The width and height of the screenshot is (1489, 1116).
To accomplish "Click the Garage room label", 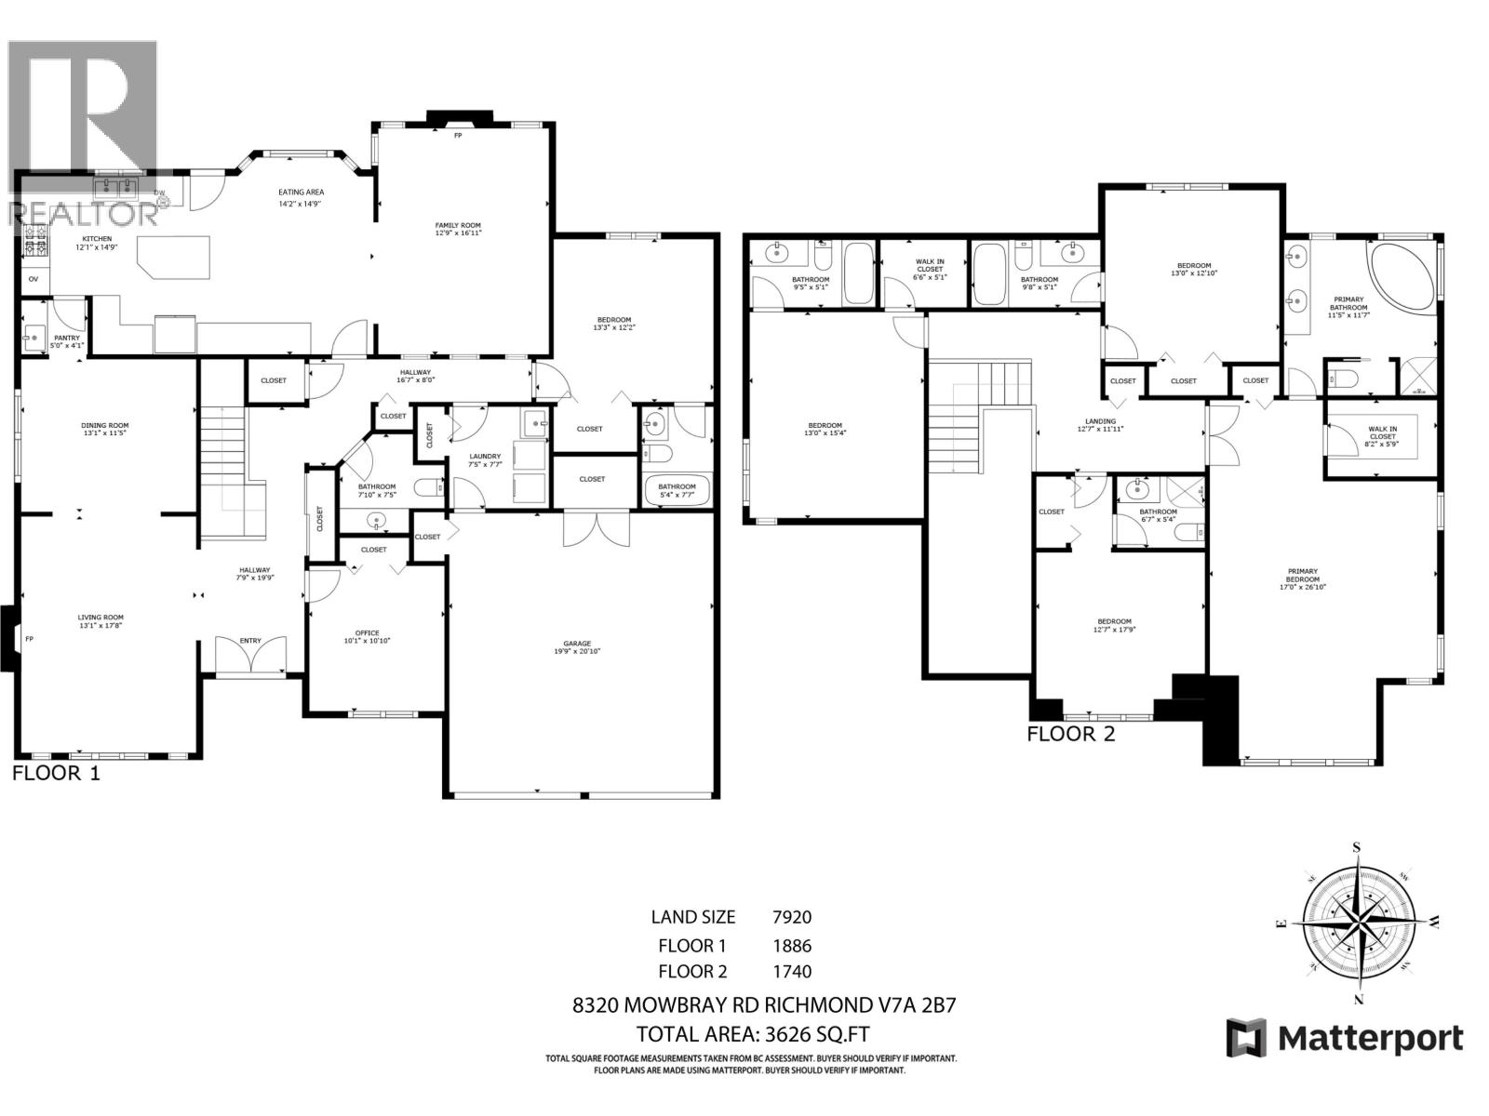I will (577, 647).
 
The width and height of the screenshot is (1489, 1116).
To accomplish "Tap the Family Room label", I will (458, 229).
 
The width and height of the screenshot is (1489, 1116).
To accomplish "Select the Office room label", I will (368, 637).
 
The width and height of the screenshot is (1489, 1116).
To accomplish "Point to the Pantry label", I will (66, 341).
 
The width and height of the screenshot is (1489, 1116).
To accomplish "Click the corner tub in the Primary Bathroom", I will (1403, 275).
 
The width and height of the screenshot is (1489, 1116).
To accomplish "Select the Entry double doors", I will (250, 655).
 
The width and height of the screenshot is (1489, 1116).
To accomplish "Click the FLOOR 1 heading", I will (56, 773).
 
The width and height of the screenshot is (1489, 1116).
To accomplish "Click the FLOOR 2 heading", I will (1070, 735).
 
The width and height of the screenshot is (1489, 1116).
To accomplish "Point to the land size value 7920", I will (792, 917).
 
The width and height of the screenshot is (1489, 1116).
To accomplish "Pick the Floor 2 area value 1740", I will (792, 972).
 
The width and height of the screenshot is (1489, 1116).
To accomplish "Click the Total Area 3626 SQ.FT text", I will (754, 1034).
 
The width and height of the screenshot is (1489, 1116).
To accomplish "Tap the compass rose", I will (1358, 923).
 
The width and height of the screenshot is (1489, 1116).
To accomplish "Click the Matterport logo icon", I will (1246, 1038).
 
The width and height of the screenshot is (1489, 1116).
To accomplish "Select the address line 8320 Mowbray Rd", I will (764, 1005).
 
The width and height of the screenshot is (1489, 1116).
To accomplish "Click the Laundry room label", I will (485, 459).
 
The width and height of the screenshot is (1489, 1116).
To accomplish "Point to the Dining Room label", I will (104, 430).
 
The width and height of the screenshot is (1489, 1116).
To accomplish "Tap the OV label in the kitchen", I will (34, 278).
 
